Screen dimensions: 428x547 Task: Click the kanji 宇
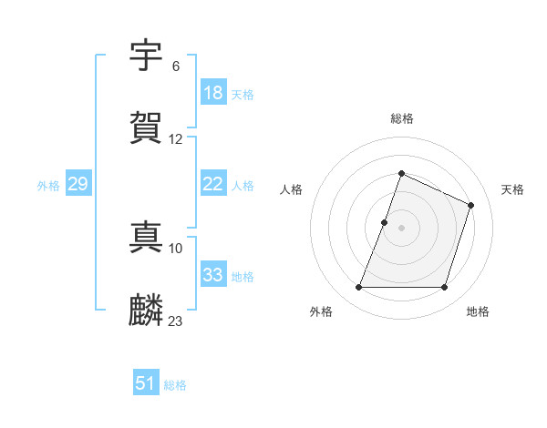(147, 56)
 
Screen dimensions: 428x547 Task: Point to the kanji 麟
(147, 311)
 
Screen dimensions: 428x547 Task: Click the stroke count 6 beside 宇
(176, 66)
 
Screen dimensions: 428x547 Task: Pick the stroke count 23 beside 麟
(176, 321)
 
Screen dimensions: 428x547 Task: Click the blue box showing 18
(213, 93)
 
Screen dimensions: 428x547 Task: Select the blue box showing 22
(213, 184)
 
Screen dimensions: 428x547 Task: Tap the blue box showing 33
(213, 275)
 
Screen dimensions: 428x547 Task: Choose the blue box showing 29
(77, 184)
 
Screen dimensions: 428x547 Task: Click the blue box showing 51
(145, 383)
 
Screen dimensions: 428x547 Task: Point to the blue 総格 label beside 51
(175, 385)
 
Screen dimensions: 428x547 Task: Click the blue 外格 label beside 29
(48, 185)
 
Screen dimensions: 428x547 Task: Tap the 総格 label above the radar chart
(402, 118)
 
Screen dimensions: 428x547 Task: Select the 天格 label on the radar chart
(512, 189)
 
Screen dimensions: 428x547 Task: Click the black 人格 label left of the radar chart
(291, 189)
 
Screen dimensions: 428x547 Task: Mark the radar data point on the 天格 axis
(471, 205)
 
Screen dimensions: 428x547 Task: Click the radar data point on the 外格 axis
(358, 288)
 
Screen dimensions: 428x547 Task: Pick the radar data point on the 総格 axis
(402, 173)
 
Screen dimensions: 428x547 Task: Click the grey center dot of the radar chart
(402, 228)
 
